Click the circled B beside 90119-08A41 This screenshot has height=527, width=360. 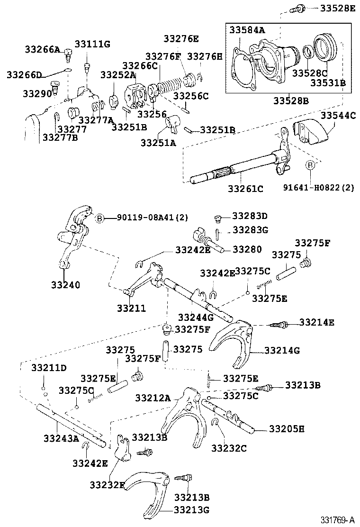coord(99,218)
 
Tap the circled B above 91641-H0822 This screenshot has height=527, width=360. coord(310,165)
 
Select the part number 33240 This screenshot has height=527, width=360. coord(65,285)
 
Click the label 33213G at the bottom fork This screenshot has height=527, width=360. coord(191,510)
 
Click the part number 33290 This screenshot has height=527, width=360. coord(36,93)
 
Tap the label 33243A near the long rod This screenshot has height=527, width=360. coord(61,438)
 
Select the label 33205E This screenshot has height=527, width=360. coord(287,429)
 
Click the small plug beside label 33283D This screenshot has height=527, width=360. coord(218,218)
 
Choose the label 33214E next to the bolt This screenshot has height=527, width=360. coord(316,323)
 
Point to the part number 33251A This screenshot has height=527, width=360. coord(158,142)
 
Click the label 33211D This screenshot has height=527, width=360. coord(49,368)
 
